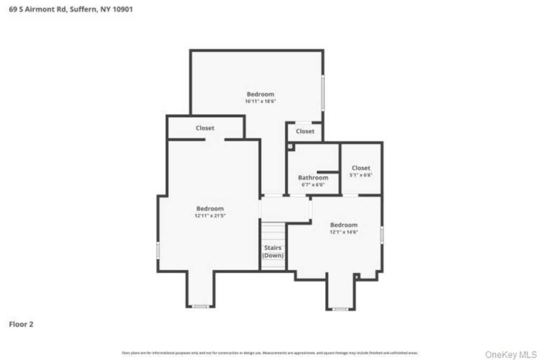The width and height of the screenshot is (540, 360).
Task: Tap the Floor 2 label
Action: (x=21, y=325)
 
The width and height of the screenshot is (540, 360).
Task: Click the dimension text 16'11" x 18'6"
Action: (x=261, y=101)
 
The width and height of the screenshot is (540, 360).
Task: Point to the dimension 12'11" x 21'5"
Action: (x=210, y=215)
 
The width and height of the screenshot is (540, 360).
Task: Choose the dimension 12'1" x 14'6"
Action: (x=344, y=231)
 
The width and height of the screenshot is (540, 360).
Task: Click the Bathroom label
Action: (x=313, y=178)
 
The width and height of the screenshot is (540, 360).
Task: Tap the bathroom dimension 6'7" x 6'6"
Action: (x=313, y=184)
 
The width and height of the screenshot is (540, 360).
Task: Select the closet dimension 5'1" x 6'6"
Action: (x=361, y=174)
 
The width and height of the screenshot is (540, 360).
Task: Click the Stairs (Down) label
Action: (x=273, y=251)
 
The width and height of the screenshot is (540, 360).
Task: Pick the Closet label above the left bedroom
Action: (x=205, y=128)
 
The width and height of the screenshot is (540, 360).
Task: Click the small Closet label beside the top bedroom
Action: (x=305, y=131)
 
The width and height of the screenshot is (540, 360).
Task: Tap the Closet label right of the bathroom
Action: (x=361, y=168)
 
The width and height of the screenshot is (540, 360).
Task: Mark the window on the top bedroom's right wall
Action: (x=323, y=92)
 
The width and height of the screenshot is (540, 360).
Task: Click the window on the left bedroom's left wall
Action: (x=158, y=250)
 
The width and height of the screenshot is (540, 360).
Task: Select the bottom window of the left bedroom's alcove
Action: (x=200, y=306)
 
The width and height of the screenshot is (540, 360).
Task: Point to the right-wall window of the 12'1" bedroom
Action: (x=381, y=235)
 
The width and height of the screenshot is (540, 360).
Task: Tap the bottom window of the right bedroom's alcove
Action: (x=341, y=309)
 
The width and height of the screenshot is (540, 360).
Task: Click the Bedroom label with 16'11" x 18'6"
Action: (x=261, y=94)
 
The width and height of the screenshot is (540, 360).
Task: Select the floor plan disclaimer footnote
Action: (x=270, y=353)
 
